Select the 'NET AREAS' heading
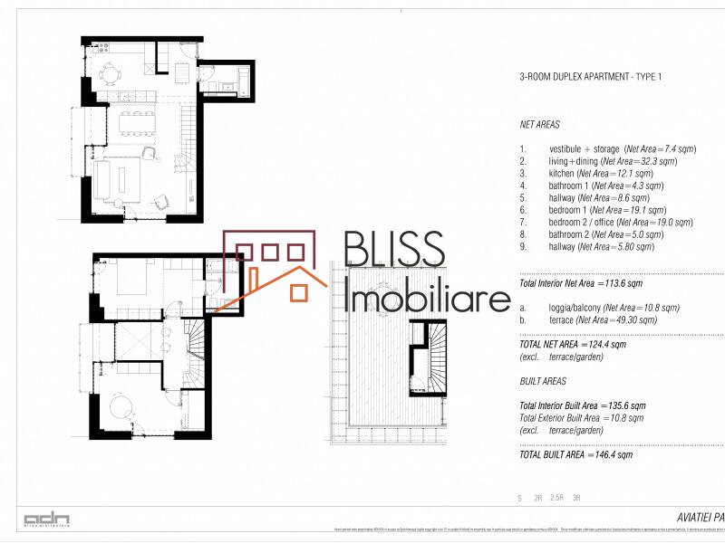pyautogui.click(x=540, y=125)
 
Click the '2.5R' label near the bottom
pyautogui.click(x=556, y=498)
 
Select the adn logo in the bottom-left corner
pyautogui.click(x=47, y=519)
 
